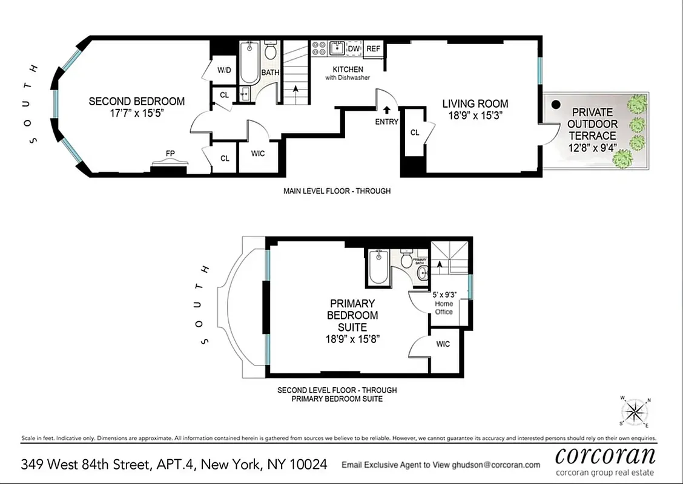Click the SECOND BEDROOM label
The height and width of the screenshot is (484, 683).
click(136, 101)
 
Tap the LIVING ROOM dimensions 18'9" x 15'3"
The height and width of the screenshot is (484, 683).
click(475, 115)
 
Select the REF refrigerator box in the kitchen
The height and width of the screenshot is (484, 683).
click(374, 49)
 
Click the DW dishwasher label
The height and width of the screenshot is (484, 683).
click(354, 49)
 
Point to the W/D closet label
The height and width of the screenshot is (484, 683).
click(224, 71)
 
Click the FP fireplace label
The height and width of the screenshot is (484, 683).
click(171, 154)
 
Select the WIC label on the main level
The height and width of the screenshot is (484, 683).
click(258, 154)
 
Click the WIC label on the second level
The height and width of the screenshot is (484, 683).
click(443, 344)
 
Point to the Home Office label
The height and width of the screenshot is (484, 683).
click(444, 308)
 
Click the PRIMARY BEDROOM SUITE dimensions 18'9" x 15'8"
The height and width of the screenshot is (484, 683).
click(352, 339)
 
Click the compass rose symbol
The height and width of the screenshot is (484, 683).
click(634, 413)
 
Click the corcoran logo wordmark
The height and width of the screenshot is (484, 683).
click(605, 454)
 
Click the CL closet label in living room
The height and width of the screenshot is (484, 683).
click(415, 132)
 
